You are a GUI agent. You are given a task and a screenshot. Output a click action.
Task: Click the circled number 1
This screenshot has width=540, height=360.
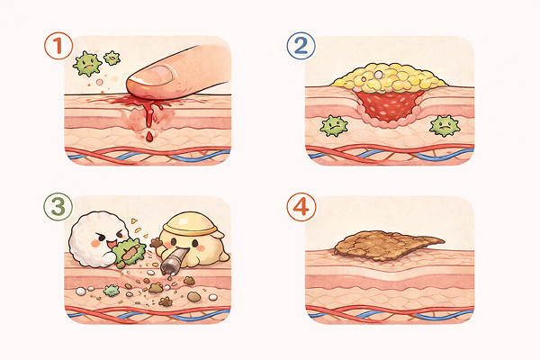[58, 46]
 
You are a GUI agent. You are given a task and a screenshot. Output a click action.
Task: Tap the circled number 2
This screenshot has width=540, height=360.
[301, 46]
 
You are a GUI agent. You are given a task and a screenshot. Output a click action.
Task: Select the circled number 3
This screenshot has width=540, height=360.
[58, 207]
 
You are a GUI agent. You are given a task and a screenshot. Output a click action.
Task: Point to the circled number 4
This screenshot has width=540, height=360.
[301, 207]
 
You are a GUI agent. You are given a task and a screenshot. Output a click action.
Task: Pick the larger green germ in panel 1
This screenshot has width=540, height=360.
[87, 63]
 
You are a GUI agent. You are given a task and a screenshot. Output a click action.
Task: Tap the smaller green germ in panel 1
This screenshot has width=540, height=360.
[112, 58]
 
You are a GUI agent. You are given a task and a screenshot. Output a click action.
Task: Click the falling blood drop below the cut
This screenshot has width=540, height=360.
[149, 137]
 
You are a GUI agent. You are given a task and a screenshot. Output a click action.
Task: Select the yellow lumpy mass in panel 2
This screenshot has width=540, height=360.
[389, 78]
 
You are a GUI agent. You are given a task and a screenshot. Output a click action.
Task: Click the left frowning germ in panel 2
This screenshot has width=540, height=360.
[333, 126]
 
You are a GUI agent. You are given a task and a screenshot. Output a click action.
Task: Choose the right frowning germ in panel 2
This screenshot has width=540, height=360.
[445, 126]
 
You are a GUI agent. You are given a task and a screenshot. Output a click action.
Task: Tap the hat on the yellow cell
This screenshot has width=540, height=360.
[191, 221]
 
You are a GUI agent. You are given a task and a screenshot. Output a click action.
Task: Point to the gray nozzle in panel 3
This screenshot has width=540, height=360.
[174, 263]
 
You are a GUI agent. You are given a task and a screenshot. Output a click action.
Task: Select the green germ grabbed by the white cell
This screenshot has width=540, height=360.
[130, 251]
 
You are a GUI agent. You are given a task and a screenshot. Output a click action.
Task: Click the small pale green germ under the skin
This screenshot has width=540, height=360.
[112, 291]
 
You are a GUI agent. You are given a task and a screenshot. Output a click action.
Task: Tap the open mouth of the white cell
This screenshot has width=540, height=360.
[112, 244]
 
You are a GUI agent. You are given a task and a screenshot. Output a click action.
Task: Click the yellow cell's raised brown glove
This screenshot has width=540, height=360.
[157, 243]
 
